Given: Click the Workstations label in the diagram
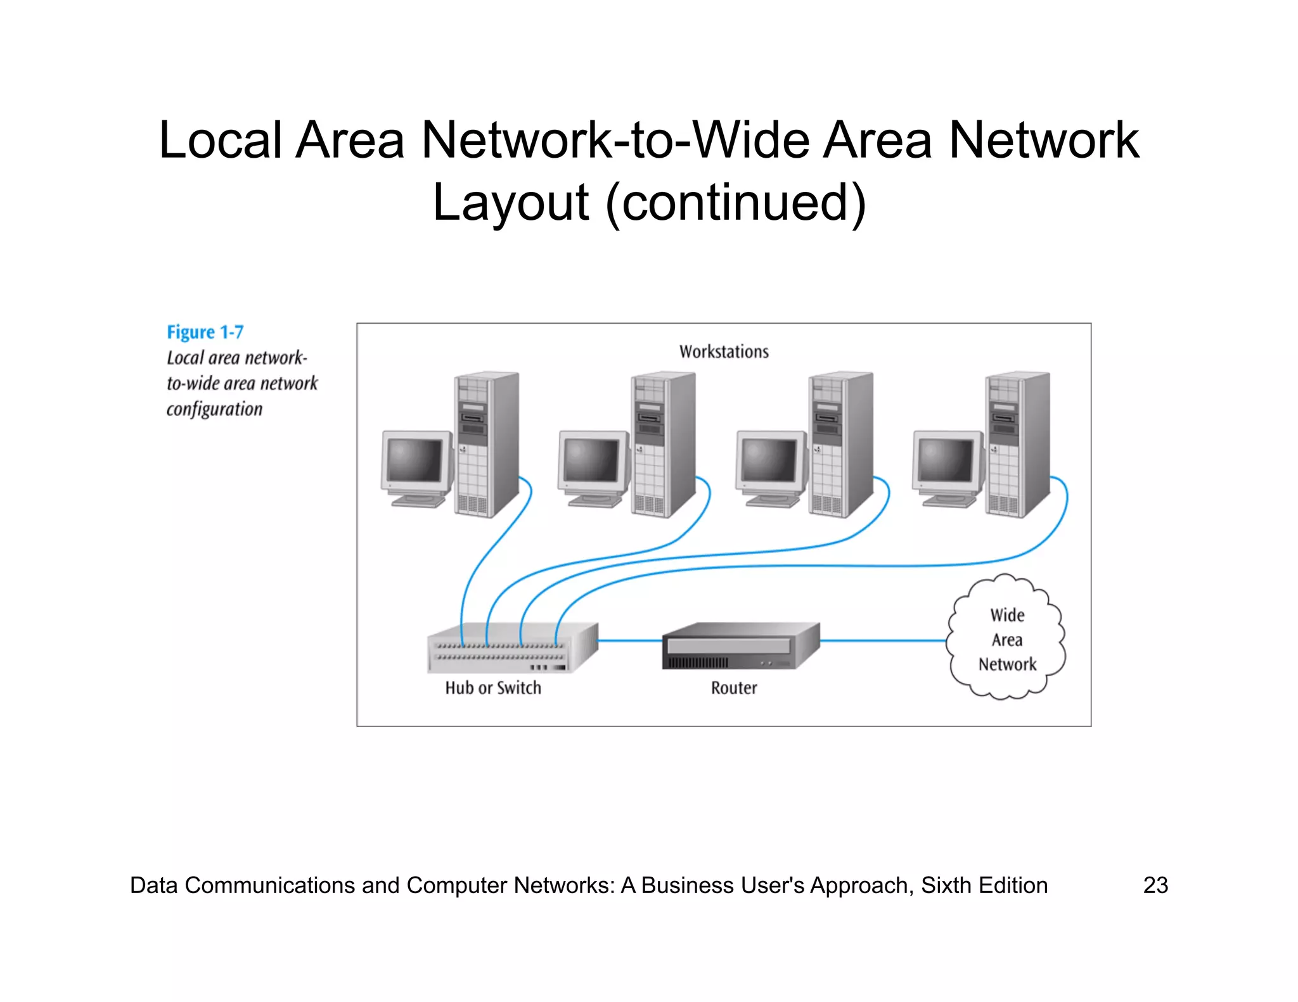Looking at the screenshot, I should click(724, 352).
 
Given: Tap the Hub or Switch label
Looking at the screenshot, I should click(493, 688).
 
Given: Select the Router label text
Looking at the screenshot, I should click(734, 688).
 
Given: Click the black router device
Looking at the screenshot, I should click(740, 646).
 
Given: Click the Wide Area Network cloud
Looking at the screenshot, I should click(1006, 637).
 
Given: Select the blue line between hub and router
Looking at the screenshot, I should click(629, 641).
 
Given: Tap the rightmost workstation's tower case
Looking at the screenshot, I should click(1017, 443).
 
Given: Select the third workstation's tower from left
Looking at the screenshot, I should click(840, 443).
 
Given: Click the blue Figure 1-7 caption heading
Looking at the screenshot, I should click(205, 333).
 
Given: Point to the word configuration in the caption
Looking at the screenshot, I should click(214, 409).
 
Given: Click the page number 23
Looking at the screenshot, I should click(1155, 885).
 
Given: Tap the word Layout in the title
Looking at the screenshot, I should click(511, 203).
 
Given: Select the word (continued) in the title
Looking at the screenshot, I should click(736, 203).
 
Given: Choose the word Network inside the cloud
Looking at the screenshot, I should click(1007, 664).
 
